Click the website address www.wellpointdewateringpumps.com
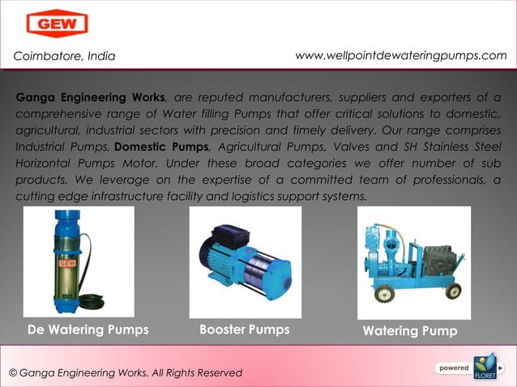point(401,55)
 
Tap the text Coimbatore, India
point(64,56)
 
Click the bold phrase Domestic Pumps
point(162,147)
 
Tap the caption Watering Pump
point(410,331)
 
